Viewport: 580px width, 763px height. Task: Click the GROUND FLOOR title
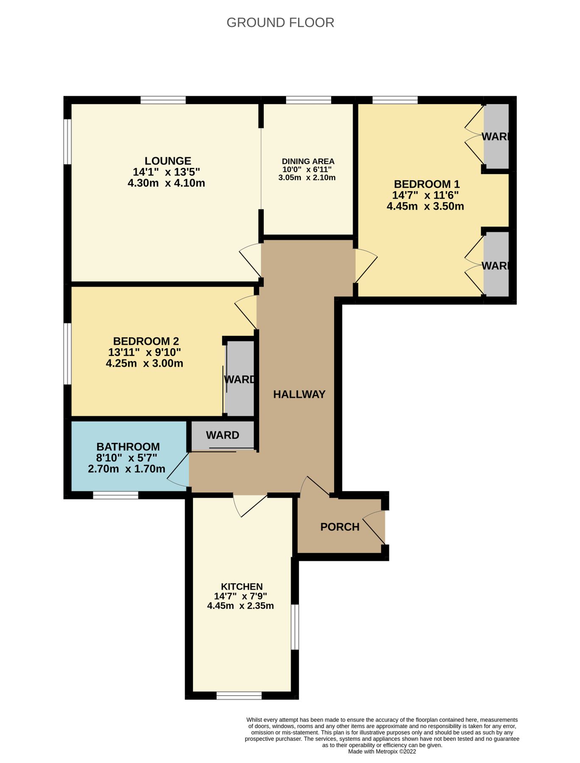(280, 22)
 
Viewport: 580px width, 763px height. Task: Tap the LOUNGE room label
(168, 161)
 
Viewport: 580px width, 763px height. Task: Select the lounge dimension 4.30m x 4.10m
(166, 183)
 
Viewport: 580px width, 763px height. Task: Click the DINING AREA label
(308, 162)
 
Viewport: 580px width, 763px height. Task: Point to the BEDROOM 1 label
(427, 184)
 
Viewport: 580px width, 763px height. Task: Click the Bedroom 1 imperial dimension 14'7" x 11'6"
(425, 195)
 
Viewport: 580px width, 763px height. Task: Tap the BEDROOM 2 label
(146, 341)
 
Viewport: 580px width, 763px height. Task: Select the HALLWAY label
(299, 395)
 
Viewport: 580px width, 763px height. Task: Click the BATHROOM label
(128, 447)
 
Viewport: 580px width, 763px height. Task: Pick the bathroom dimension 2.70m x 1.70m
(126, 469)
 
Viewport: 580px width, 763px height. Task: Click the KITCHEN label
(242, 587)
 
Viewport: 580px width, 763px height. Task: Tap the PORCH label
(340, 527)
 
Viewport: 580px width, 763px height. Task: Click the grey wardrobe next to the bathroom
(222, 435)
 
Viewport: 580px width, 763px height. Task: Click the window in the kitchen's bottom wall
(239, 696)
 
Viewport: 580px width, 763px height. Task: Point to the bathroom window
(115, 495)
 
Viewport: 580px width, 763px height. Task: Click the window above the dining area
(308, 100)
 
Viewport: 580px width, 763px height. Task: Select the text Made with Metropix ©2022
(382, 752)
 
